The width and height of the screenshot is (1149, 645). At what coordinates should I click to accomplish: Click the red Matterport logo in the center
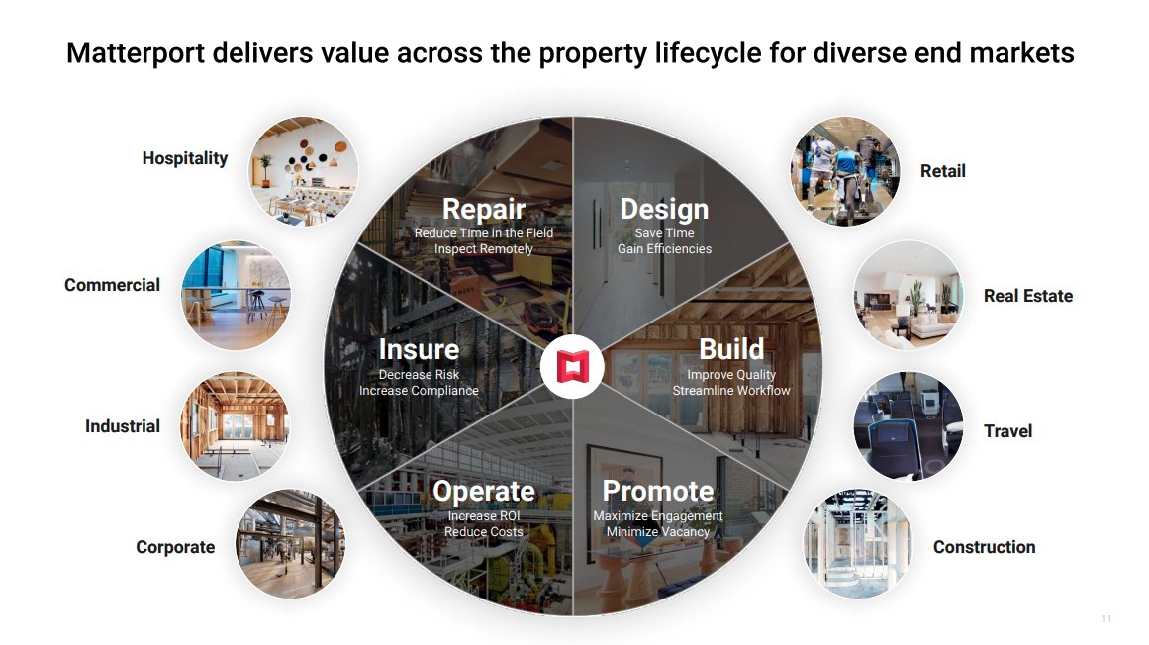(x=573, y=366)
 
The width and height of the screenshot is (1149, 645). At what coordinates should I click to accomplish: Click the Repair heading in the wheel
(x=483, y=209)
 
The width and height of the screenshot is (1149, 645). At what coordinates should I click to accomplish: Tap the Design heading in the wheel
(x=664, y=209)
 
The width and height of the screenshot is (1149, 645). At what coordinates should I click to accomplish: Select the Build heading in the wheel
(x=731, y=349)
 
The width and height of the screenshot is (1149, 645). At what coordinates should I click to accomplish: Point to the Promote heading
(x=657, y=491)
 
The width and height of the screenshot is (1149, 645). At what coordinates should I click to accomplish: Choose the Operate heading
(x=483, y=491)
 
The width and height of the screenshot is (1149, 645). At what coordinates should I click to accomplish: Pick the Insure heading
(x=419, y=349)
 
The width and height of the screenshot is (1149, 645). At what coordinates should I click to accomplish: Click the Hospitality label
(x=185, y=158)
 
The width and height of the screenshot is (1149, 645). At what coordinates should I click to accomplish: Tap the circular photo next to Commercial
(x=236, y=295)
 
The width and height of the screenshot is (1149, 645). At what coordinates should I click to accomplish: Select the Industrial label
(x=123, y=426)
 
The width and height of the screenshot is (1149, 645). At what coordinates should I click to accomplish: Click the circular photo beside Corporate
(x=290, y=543)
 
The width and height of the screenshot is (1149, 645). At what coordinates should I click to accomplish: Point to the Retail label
(x=942, y=171)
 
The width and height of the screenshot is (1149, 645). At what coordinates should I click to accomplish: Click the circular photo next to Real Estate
(x=908, y=295)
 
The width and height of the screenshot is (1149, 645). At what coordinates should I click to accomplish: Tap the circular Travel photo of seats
(x=908, y=426)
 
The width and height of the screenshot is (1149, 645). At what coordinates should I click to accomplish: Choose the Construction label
(x=984, y=547)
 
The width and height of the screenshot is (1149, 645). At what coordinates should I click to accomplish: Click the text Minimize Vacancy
(x=657, y=532)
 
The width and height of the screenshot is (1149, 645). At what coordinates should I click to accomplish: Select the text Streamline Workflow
(x=731, y=391)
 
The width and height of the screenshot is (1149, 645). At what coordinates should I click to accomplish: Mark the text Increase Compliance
(x=419, y=391)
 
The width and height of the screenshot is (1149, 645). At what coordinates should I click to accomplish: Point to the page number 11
(x=1106, y=619)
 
